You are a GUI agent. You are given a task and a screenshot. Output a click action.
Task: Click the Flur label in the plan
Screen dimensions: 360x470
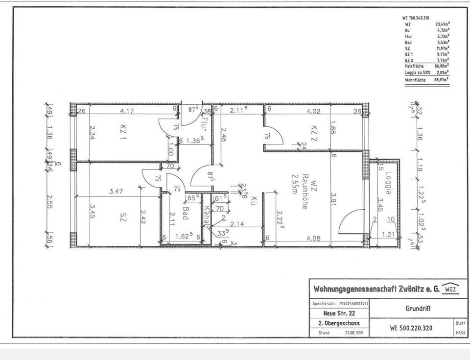pyautogui.click(x=204, y=121)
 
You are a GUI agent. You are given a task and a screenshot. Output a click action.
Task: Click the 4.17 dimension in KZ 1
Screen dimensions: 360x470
pyautogui.click(x=128, y=111)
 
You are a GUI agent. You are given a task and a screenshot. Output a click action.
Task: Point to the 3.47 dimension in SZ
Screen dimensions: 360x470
pyautogui.click(x=116, y=192)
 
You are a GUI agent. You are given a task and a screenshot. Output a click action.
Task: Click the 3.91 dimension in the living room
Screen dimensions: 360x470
pyautogui.click(x=334, y=200)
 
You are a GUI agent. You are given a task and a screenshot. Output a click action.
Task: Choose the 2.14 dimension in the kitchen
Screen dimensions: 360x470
pyautogui.click(x=237, y=224)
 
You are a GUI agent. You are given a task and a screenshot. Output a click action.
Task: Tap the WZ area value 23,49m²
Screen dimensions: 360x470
pyautogui.click(x=442, y=24)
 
